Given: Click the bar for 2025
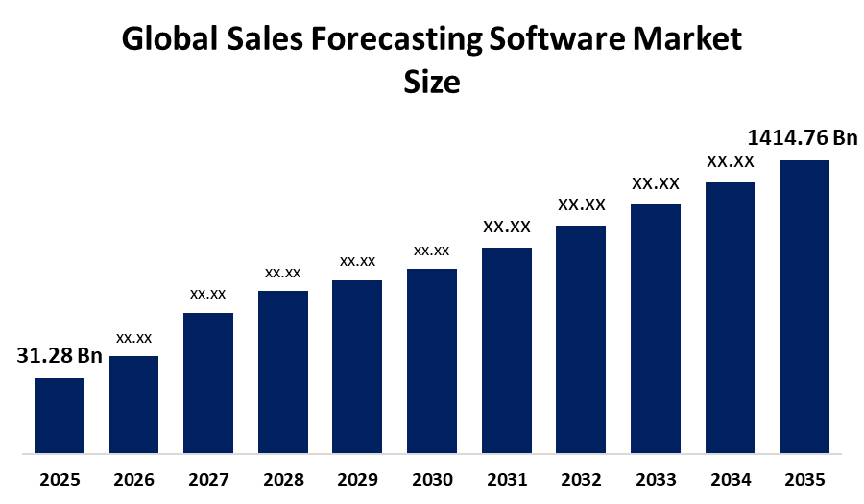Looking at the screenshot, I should coord(60,415).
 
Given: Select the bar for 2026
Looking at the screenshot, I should coord(133,403).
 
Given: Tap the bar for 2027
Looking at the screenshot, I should coord(208,382).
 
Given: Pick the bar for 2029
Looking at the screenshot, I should coord(357,366).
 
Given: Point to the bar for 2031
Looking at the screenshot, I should coord(507,349).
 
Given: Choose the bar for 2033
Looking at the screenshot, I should coord(656,327).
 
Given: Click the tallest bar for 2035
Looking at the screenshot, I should coord(804,305).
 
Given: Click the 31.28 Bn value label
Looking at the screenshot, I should coord(60,356).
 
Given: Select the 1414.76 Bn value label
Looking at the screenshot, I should coord(803,138).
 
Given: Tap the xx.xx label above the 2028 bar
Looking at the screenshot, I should coord(283,273).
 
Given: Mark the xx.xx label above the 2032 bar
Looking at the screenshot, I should coord(582,204).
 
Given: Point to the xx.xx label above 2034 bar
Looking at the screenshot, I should coord(731,161).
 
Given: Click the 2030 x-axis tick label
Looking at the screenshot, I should coord(432,479).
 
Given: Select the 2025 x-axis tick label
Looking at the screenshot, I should coord(60,479).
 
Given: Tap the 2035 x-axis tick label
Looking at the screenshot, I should coord(804,479).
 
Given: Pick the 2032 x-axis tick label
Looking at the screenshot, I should coord(581,479).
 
